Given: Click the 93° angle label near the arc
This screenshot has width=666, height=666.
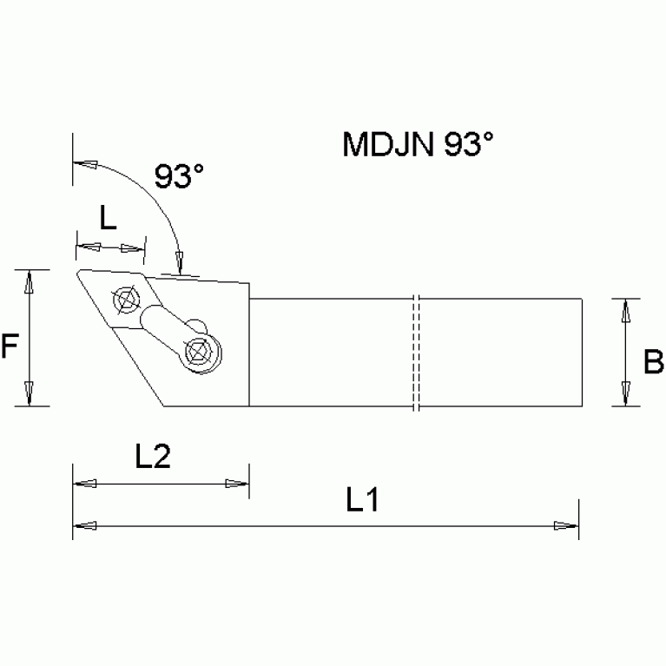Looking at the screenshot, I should (x=179, y=176).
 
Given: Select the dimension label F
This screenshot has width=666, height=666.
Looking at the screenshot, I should (x=10, y=347).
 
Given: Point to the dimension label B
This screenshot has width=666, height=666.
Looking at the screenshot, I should (x=653, y=361).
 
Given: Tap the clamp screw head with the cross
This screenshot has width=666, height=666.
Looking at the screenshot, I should (x=199, y=353).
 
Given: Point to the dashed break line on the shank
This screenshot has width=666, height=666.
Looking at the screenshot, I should (x=416, y=353).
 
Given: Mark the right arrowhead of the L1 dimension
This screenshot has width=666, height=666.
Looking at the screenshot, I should (x=567, y=525).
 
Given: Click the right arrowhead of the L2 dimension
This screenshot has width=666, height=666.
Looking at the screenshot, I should (x=236, y=484).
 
